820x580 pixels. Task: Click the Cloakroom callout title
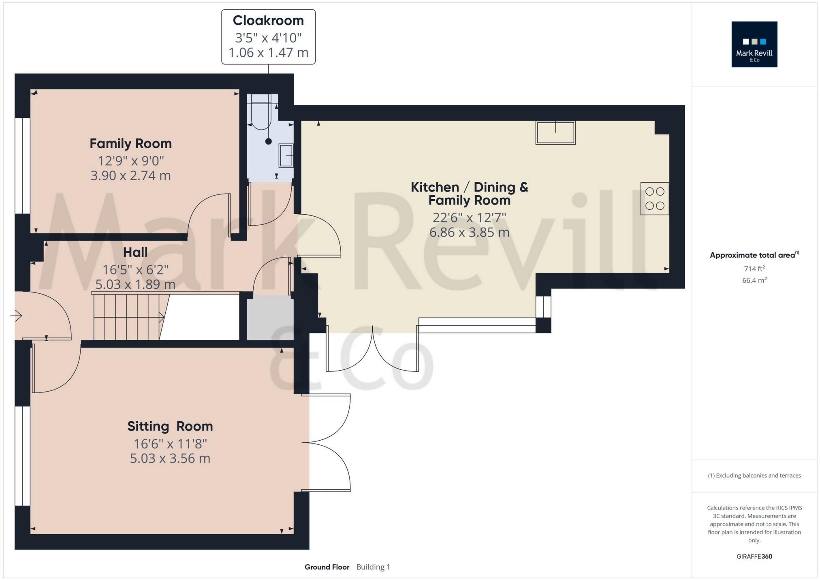pos(268,20)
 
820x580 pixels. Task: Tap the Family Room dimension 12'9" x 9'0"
pos(130,161)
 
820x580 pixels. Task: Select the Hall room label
pos(135,252)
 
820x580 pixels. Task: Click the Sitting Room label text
pos(170,426)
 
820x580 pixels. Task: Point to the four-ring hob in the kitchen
pos(654,198)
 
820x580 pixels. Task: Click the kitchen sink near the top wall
pos(555,132)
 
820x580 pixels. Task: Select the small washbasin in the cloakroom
pos(286,155)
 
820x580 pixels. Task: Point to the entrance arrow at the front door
pos(17,316)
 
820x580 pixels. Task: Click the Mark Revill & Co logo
pos(754,45)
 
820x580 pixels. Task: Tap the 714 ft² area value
pos(754,269)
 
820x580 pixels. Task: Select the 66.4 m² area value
pos(754,280)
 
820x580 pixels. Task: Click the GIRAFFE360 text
pos(754,556)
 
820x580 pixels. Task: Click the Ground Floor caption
pos(327,567)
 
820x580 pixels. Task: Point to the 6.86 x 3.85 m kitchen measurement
pos(469,232)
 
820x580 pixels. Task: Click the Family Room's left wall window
pos(23,165)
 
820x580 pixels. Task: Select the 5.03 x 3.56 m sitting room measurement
pos(170,458)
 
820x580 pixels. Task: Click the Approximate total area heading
pos(753,255)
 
